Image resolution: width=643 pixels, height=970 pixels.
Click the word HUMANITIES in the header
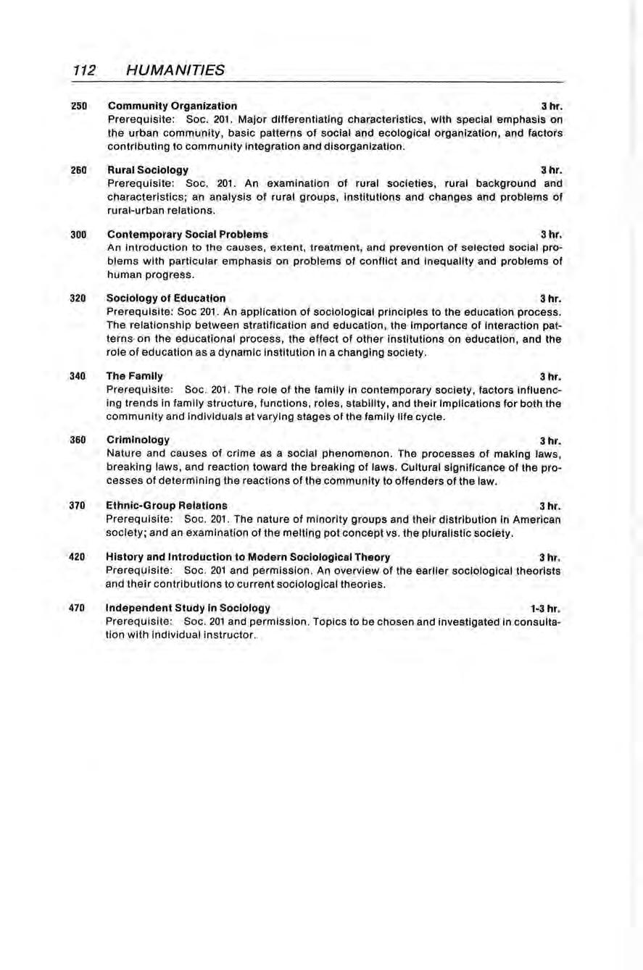point(174,70)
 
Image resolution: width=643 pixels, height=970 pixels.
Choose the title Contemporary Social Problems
point(187,235)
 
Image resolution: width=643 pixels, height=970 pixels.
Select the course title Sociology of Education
point(165,298)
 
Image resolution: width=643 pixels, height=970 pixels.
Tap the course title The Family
point(134,376)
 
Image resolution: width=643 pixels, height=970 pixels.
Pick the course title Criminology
point(138,440)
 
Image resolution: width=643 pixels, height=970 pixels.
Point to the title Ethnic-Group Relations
point(166,505)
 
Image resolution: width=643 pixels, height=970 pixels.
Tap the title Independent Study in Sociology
point(188,608)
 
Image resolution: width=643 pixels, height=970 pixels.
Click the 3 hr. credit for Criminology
point(552,440)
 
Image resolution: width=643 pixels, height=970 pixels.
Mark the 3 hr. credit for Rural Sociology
point(552,170)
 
